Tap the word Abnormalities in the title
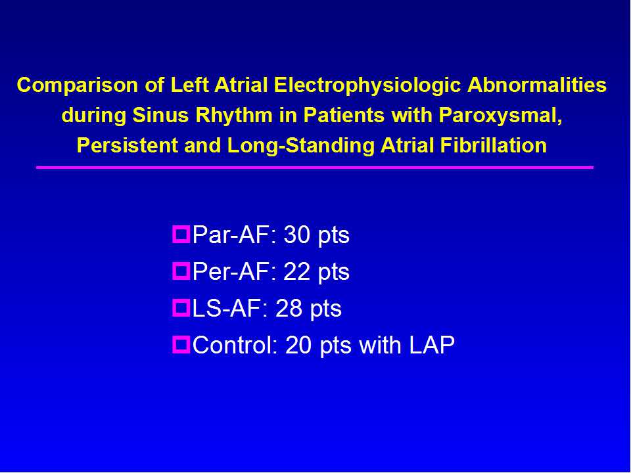pyautogui.click(x=537, y=85)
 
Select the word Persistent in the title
pyautogui.click(x=127, y=145)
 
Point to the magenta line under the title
pyautogui.click(x=315, y=168)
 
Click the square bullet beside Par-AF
pyautogui.click(x=181, y=235)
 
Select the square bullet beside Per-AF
pyautogui.click(x=181, y=271)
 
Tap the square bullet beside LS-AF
pyautogui.click(x=181, y=309)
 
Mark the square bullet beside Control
pyautogui.click(x=181, y=346)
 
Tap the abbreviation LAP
pyautogui.click(x=432, y=346)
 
